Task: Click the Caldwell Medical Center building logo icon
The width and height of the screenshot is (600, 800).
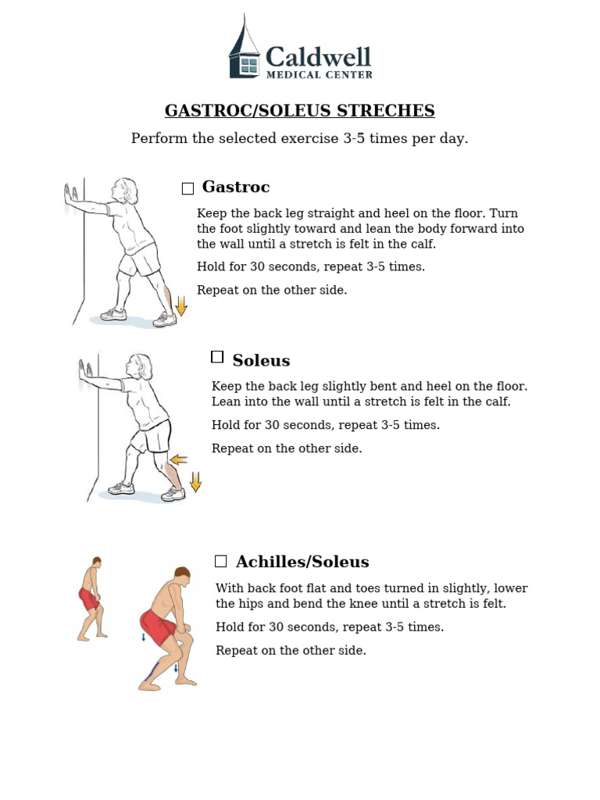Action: pos(245,50)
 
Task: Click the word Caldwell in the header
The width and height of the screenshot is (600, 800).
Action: pos(318,56)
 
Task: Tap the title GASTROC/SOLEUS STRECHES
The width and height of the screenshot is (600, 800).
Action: pos(299,111)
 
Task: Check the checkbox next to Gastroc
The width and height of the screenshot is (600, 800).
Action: pos(187,188)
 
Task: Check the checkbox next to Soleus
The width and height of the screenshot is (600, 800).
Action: pos(217,357)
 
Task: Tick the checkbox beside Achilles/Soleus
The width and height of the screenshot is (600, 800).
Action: pos(221,561)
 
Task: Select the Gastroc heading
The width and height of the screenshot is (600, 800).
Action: pos(236,187)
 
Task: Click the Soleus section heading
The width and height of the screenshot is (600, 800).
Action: pos(261,360)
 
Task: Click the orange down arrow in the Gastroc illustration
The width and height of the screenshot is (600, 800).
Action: pos(181,305)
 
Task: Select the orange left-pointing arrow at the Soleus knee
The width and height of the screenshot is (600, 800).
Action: pos(179,459)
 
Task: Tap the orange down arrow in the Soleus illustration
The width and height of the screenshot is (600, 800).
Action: pos(195,481)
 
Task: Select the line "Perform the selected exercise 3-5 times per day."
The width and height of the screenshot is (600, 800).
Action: pos(299,139)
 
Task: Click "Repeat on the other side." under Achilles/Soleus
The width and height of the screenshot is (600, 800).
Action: pos(291,650)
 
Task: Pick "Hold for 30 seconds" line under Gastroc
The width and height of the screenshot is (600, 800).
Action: pos(311,266)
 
